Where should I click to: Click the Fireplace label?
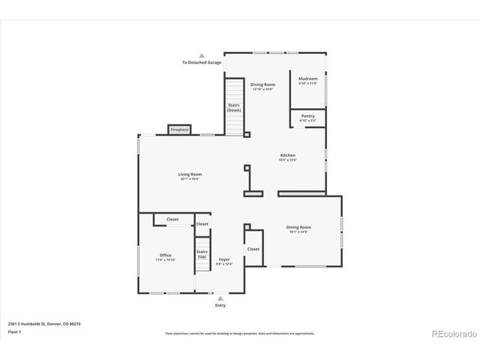tap(179, 130)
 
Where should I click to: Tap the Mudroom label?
tap(307, 79)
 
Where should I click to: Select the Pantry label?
tap(307, 115)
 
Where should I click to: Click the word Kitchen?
tap(288, 155)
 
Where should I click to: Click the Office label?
tap(165, 255)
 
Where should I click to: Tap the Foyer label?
tap(224, 259)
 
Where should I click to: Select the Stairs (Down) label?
tap(234, 107)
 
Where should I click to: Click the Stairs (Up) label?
tap(202, 254)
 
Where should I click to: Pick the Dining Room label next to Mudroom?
tap(262, 85)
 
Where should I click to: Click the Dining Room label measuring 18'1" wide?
tap(298, 227)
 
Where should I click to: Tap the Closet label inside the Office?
tap(172, 219)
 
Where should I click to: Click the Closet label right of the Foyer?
tap(253, 248)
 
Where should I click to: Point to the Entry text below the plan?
tap(220, 305)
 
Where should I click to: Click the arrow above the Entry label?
tap(220, 298)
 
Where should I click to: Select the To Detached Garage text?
tap(202, 62)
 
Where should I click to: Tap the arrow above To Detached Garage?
tap(202, 55)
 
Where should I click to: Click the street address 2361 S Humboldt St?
tap(44, 323)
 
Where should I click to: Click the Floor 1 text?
tap(15, 331)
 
